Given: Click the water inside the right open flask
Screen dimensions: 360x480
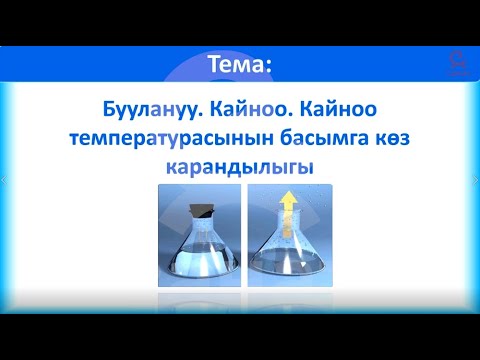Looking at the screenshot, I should point(285,262).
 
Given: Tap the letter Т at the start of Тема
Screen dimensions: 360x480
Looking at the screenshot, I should point(214,65).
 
